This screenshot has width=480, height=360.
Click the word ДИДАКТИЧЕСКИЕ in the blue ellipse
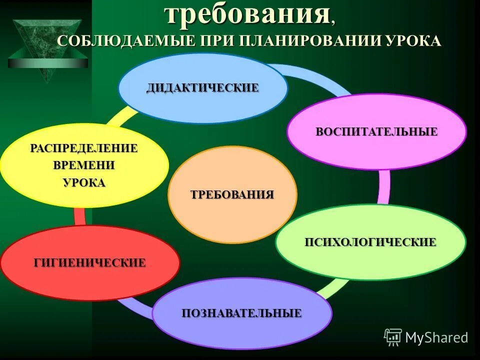tap(202, 88)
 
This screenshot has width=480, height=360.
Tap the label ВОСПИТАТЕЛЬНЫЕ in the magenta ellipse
tap(376, 132)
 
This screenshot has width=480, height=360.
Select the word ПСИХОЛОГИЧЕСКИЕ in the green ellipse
tap(370, 242)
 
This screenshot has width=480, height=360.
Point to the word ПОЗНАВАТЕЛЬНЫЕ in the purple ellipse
tap(241, 313)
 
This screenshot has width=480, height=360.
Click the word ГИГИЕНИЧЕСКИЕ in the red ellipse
tap(89, 262)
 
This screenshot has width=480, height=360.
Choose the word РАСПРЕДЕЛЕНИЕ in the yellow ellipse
tap(84, 148)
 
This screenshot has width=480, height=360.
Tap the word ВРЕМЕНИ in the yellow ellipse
tap(84, 165)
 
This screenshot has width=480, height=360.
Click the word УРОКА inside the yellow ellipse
tap(84, 182)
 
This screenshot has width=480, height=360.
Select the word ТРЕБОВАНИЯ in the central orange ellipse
tap(232, 194)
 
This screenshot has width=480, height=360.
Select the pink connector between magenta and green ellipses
tap(384, 186)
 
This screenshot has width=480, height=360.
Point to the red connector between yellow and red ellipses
tap(79, 216)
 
